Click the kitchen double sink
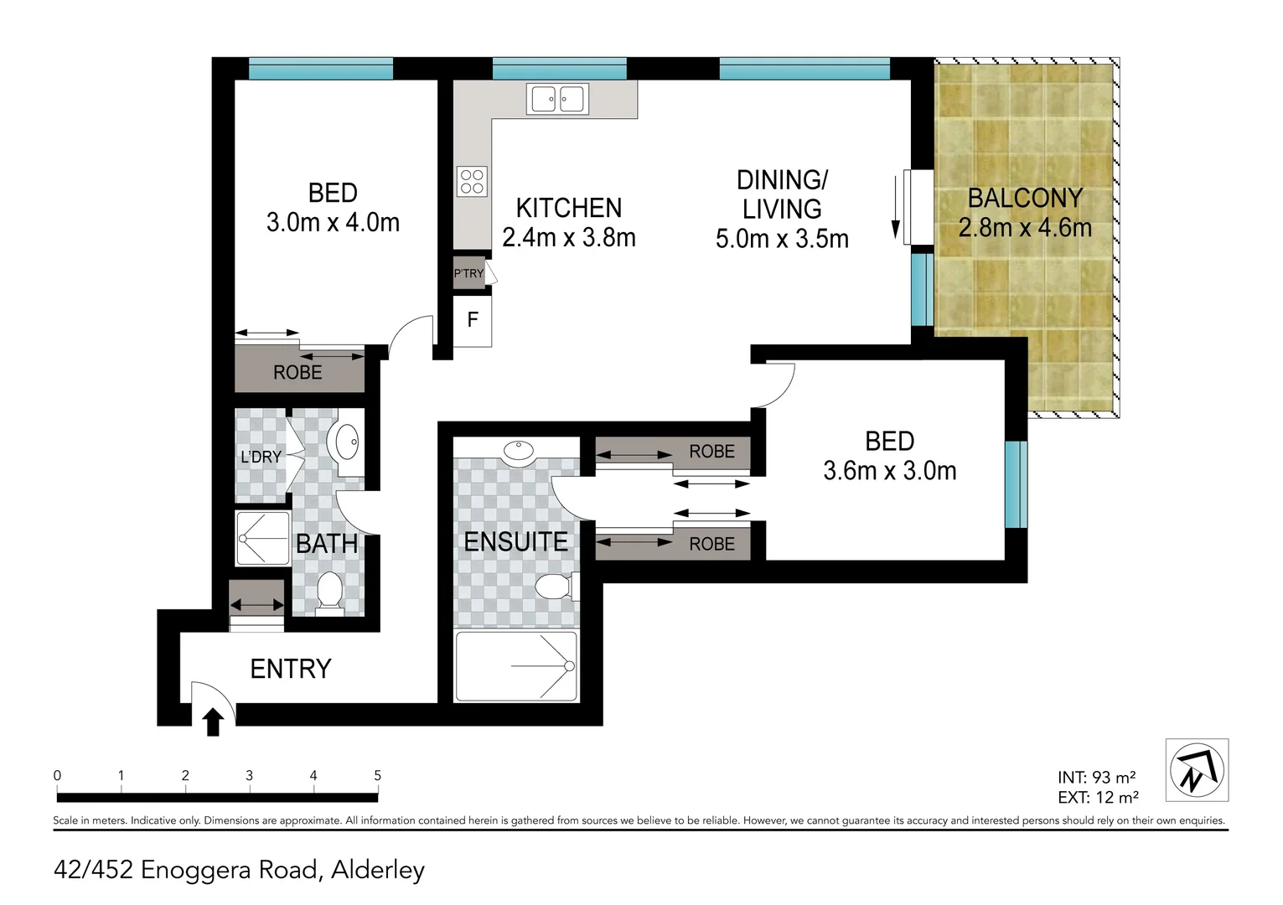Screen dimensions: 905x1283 [557, 99]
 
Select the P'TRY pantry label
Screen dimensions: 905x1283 [468, 273]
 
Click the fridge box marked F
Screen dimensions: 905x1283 [473, 320]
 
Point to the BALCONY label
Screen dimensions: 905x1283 [1025, 199]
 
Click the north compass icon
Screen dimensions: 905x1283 [1197, 769]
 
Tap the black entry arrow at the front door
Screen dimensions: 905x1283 [213, 721]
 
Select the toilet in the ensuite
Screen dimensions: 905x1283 [551, 586]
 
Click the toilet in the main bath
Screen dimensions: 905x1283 [329, 592]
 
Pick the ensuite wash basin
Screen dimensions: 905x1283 [518, 451]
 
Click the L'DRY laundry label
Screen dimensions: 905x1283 [261, 457]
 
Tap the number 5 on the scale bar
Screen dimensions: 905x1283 [377, 776]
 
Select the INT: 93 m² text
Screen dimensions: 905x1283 [1096, 778]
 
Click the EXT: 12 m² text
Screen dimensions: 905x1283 [1097, 798]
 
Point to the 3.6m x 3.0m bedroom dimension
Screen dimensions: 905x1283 [889, 471]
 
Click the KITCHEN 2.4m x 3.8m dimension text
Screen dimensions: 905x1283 [568, 238]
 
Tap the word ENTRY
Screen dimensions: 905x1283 [291, 669]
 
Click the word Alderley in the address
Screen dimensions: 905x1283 [378, 870]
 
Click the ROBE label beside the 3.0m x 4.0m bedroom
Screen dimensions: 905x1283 [297, 372]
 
